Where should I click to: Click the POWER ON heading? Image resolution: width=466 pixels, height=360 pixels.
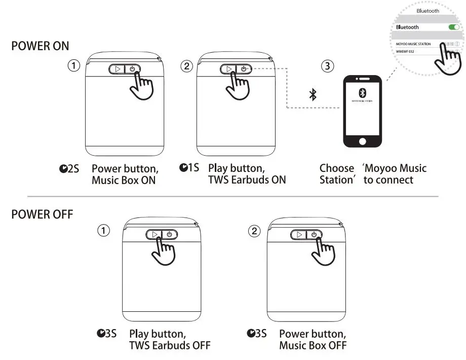[x=40, y=46]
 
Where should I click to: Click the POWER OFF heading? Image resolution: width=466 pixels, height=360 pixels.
[x=42, y=214]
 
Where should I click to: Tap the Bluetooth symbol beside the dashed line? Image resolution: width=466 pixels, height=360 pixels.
[x=313, y=94]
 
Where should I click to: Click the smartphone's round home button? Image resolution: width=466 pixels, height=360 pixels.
[x=362, y=140]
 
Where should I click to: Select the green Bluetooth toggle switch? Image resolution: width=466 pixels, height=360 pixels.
[x=454, y=27]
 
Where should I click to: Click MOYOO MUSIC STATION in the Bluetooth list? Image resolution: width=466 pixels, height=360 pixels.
[x=413, y=44]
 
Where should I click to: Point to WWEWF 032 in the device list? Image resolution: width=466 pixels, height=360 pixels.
[x=406, y=51]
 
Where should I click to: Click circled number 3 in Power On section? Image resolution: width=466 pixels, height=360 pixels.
[x=328, y=66]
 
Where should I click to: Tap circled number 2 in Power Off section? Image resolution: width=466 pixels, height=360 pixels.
[x=254, y=231]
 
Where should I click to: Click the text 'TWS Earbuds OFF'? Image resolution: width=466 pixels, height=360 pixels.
[x=170, y=345]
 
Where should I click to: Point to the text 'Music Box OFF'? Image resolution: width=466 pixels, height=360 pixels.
[x=313, y=345]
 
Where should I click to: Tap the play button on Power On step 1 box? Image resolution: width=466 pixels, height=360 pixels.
[x=118, y=69]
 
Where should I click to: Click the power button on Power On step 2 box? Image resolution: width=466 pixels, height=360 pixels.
[x=244, y=69]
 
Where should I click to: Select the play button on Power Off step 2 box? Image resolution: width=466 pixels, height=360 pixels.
[x=299, y=234]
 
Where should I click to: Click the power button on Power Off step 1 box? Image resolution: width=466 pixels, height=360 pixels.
[x=170, y=234]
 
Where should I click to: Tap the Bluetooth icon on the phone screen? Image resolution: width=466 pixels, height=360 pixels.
[x=362, y=93]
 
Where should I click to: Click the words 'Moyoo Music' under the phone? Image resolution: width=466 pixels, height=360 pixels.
[x=395, y=168]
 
